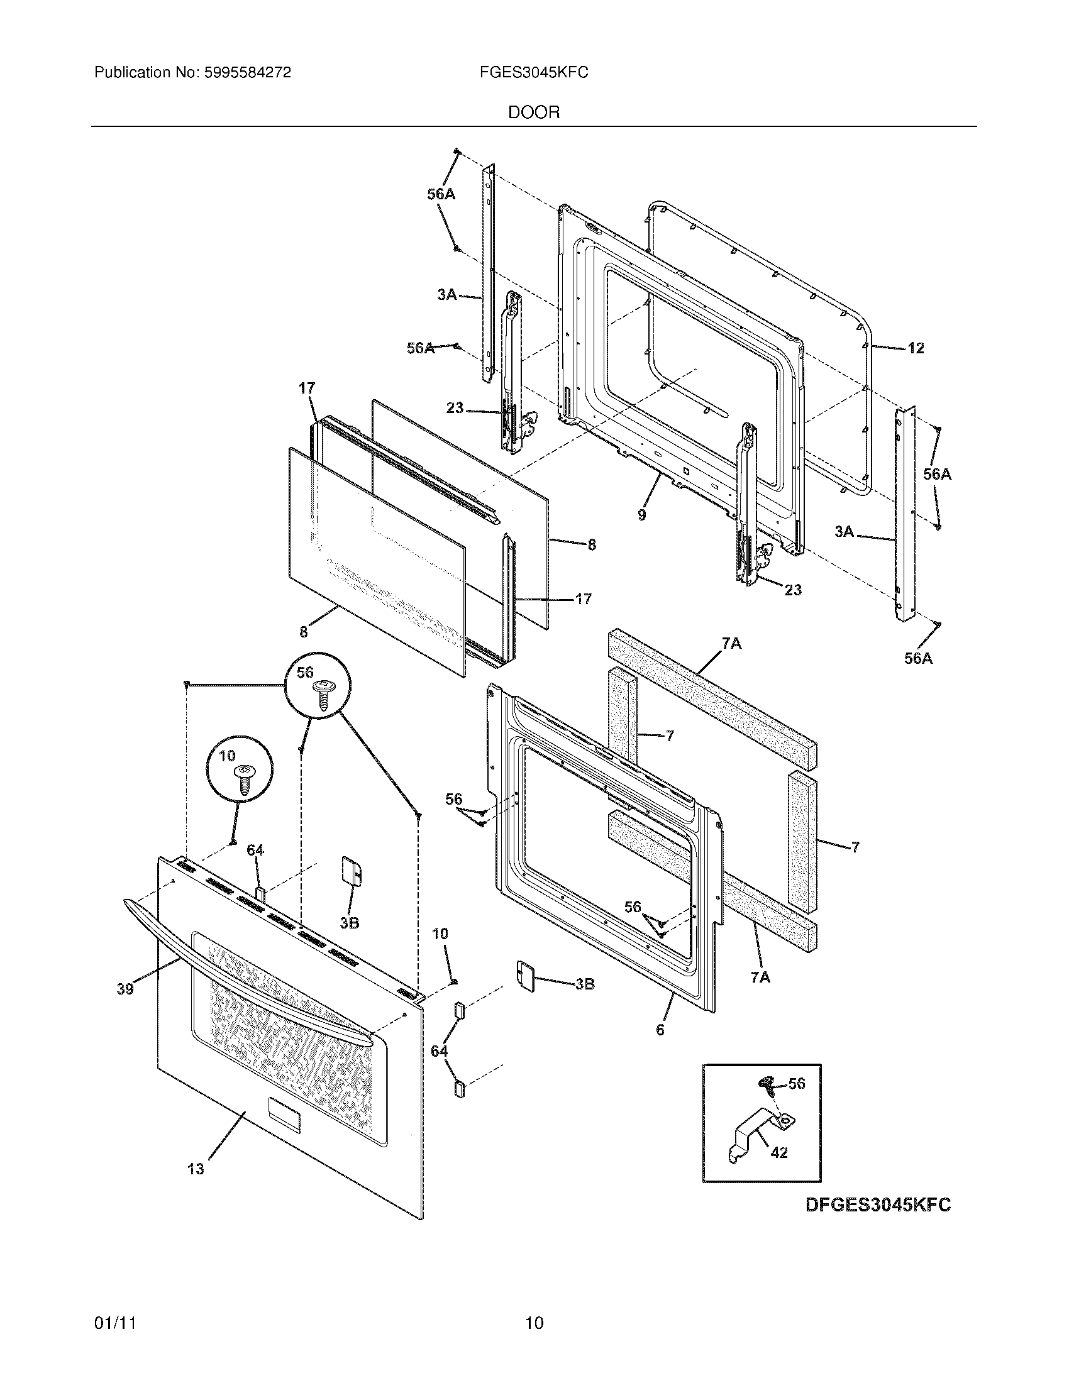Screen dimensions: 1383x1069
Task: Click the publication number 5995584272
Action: (247, 73)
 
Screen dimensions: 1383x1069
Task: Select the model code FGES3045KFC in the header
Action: (534, 73)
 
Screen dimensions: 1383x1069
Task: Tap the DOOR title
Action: (534, 113)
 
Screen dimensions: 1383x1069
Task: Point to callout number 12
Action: (915, 348)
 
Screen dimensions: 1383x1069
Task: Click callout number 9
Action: (642, 515)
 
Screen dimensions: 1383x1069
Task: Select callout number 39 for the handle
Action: (125, 988)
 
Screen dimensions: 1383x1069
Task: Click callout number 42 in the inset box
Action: (779, 1152)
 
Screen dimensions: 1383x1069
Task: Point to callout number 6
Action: (660, 1030)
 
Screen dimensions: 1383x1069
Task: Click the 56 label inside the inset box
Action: (797, 1084)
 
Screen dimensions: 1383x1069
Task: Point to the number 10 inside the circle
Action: (227, 756)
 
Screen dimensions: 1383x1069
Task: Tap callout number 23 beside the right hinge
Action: (792, 590)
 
